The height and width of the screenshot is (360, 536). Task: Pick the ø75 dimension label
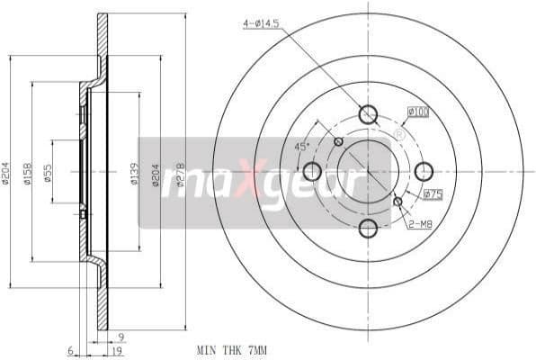pos(433,193)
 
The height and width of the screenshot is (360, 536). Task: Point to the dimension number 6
pos(68,350)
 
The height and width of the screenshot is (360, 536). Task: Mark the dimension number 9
pos(121,337)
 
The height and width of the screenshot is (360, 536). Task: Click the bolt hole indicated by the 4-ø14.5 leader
pos(368,114)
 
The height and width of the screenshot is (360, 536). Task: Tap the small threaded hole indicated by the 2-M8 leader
pos(398,202)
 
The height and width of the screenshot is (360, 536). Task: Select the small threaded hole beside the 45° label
pos(338,141)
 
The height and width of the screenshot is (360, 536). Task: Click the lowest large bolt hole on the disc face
pos(368,228)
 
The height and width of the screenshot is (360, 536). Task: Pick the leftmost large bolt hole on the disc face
pos(312,171)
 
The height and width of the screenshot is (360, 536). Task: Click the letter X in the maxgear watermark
pos(255,184)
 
